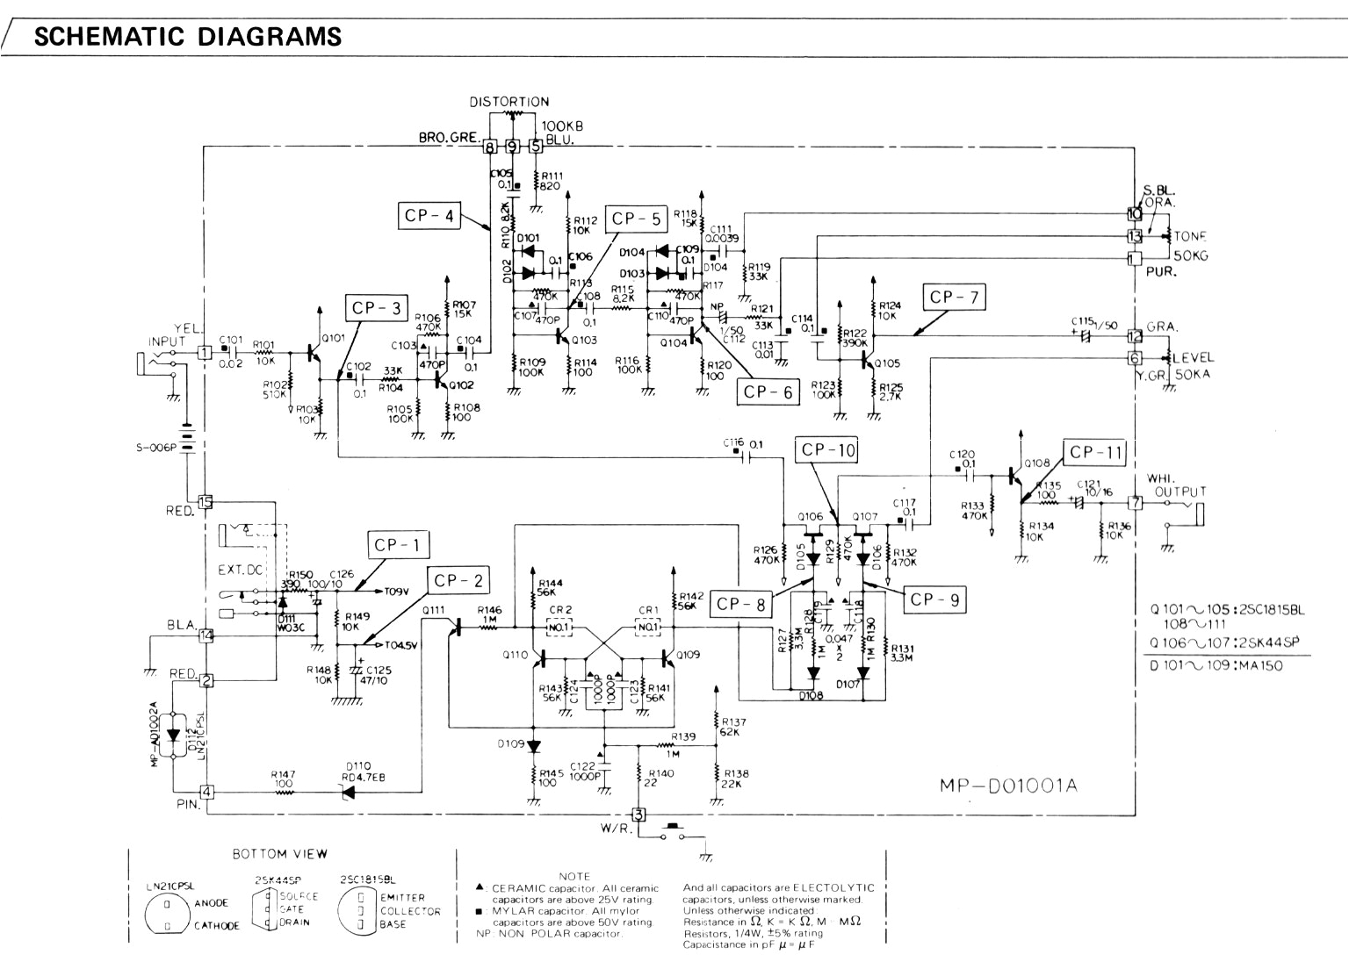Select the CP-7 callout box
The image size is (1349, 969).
click(x=954, y=298)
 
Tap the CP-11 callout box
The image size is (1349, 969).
click(x=1096, y=453)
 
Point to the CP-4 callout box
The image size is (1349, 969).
click(x=429, y=215)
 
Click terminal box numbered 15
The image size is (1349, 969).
click(x=206, y=502)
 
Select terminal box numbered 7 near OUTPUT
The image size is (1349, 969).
click(x=1135, y=503)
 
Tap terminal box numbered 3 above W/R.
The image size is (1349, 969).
click(x=639, y=814)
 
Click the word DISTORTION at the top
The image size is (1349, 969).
click(x=509, y=102)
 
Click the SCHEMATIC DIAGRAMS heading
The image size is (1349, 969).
click(x=187, y=36)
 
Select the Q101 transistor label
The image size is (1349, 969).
click(x=335, y=337)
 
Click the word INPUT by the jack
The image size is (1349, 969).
click(x=168, y=341)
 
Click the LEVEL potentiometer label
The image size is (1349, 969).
click(x=1193, y=357)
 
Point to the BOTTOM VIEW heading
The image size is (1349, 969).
click(x=268, y=853)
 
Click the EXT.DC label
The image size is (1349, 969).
click(x=240, y=570)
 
